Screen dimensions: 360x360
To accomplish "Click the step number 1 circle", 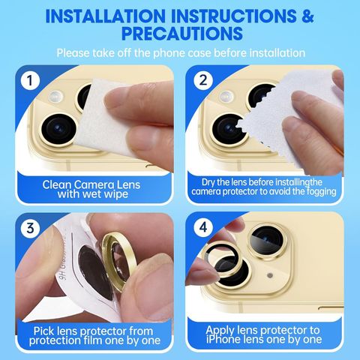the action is point(30,80).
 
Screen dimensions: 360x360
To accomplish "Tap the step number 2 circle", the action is point(203,80).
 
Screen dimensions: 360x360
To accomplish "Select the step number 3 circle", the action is point(30,228).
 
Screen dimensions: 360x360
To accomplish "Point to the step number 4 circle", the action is point(203,227).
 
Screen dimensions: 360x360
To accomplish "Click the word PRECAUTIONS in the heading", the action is point(182,33).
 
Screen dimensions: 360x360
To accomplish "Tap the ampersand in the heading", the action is point(307,16).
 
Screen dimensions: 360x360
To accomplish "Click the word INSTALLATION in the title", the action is point(106,16).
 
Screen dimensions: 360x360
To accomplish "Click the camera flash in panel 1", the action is point(55,97).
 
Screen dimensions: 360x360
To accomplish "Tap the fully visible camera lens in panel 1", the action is point(59,129).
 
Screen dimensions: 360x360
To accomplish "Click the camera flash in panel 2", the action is point(226,97).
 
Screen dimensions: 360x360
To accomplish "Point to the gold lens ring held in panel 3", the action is point(119,261).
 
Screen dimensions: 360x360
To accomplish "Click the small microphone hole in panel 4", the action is point(270,275).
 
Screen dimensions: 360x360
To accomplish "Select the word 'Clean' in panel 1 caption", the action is point(57,185).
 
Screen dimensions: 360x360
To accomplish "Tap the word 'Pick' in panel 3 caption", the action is point(44,331).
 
